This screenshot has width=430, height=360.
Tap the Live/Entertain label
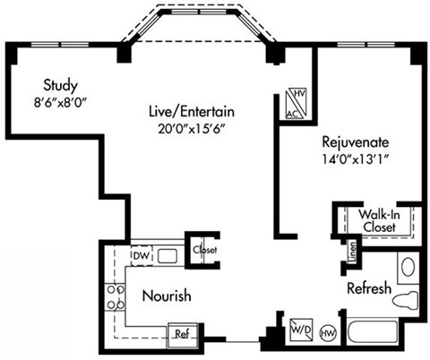192,112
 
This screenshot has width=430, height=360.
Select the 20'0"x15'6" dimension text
192,127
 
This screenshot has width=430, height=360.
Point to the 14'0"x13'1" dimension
357,159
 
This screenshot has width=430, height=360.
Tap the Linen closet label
355,250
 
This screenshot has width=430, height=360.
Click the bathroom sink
407,267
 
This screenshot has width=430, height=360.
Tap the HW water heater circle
328,332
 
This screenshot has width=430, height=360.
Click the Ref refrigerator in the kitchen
182,334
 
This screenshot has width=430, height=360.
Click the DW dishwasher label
139,256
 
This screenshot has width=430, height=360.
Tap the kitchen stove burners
116,296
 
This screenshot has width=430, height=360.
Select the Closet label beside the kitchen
204,250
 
